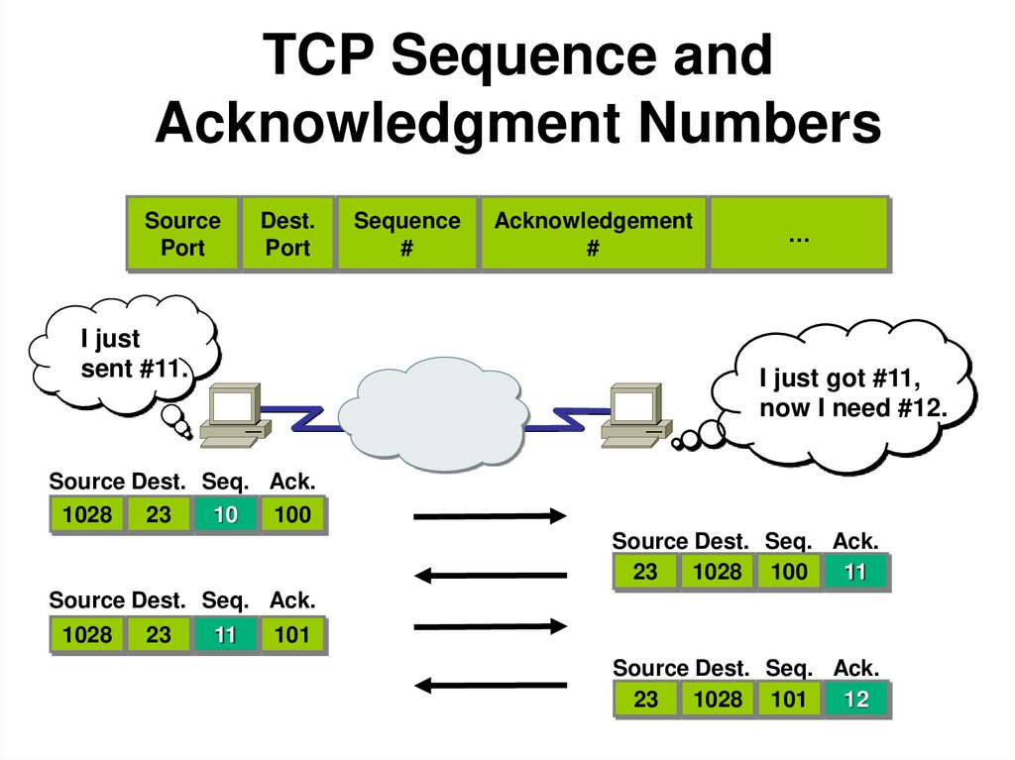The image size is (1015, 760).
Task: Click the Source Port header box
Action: pyautogui.click(x=182, y=234)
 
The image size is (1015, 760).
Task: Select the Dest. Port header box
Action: pyautogui.click(x=287, y=234)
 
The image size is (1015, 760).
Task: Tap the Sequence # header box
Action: pyautogui.click(x=406, y=234)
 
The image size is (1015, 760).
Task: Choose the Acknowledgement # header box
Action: pyautogui.click(x=593, y=234)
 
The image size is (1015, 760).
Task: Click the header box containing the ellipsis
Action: pyautogui.click(x=798, y=234)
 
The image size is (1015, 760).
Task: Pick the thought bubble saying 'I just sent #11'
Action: pyautogui.click(x=125, y=353)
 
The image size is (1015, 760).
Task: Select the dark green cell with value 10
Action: pyautogui.click(x=225, y=515)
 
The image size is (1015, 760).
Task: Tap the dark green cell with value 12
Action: pyautogui.click(x=855, y=700)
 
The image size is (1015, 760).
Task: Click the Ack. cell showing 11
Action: pyautogui.click(x=855, y=572)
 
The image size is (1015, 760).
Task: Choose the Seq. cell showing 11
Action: pyautogui.click(x=225, y=635)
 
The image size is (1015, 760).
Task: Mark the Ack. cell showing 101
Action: pyautogui.click(x=292, y=635)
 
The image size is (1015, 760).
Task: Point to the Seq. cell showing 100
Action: pyautogui.click(x=788, y=572)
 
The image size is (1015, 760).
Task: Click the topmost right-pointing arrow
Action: pyautogui.click(x=489, y=515)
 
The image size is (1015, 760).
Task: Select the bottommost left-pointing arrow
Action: pyautogui.click(x=489, y=684)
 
